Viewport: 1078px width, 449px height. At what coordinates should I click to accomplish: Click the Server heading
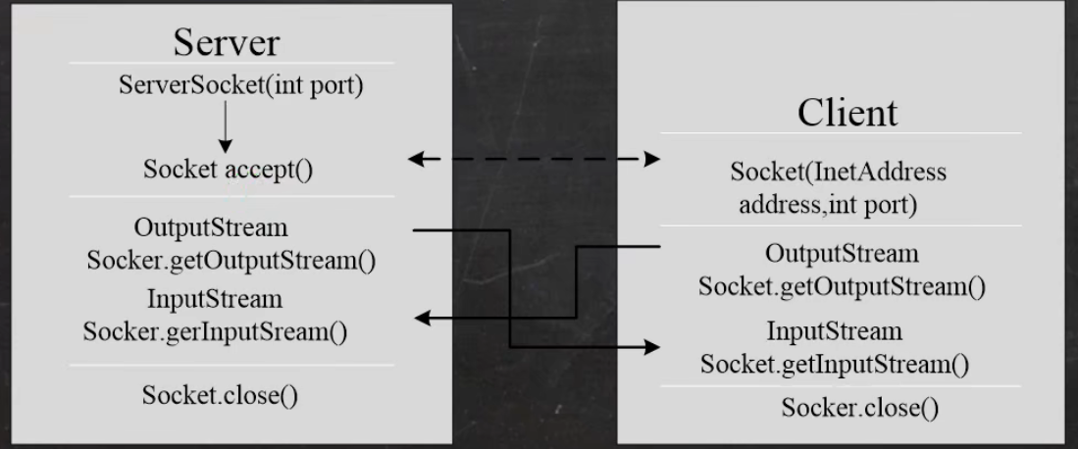[x=226, y=42]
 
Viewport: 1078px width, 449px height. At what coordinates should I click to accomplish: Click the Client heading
[x=847, y=112]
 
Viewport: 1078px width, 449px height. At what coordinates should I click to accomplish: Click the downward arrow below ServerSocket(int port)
[x=227, y=127]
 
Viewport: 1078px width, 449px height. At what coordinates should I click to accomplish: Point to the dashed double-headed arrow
[x=534, y=159]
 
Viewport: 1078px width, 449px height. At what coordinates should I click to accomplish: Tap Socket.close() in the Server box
[x=221, y=396]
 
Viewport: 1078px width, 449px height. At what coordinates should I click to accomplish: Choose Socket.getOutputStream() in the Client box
[x=842, y=287]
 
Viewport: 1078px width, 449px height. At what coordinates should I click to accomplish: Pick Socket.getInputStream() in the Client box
[x=835, y=366]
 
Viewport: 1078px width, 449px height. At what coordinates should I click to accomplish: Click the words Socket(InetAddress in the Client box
[x=839, y=173]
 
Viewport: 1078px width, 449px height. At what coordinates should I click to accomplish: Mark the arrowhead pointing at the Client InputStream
[x=650, y=348]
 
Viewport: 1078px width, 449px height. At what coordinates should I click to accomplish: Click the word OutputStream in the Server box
[x=211, y=227]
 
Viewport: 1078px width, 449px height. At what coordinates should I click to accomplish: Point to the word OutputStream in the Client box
[x=842, y=253]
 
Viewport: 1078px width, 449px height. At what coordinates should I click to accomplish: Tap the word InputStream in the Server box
[x=214, y=298]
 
